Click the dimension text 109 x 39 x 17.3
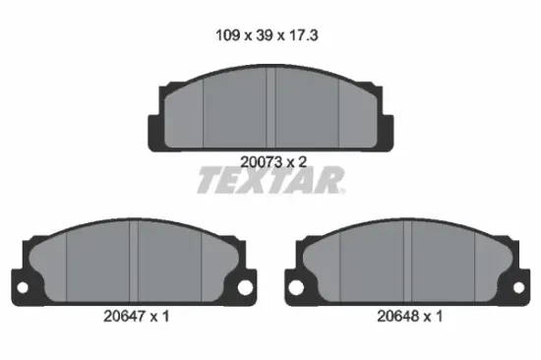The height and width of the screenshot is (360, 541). point(267,35)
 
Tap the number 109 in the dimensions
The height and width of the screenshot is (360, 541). point(228,35)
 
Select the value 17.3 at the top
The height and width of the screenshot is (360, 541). point(303,35)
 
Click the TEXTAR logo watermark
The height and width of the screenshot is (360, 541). point(271,180)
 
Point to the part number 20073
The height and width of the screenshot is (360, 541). point(262,162)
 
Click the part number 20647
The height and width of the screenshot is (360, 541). point(125,316)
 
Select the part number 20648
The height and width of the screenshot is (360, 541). point(398,316)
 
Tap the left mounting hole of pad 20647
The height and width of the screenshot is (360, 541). point(23,287)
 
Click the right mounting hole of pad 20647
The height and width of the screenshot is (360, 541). point(245,287)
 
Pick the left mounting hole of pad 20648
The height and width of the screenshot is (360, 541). point(296,287)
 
